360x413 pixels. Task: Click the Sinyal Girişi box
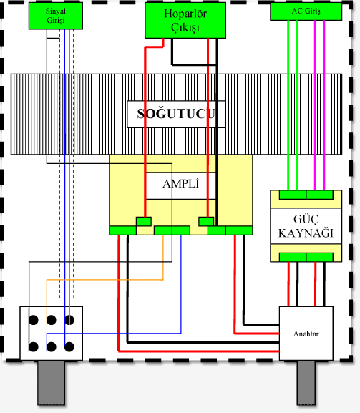(x=55, y=17)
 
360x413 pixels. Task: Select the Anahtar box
(x=307, y=333)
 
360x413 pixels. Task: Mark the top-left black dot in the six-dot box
(x=33, y=319)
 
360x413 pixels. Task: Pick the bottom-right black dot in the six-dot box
(x=69, y=347)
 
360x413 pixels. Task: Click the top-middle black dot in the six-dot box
(x=52, y=319)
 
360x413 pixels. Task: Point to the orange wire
(x=107, y=280)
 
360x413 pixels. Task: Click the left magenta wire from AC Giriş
(x=316, y=107)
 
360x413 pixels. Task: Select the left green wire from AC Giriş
(x=288, y=107)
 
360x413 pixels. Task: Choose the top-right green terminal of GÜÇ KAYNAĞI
(x=319, y=195)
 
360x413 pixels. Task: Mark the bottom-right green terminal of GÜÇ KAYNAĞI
(x=319, y=257)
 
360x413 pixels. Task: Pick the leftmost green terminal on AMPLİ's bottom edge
(x=122, y=230)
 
